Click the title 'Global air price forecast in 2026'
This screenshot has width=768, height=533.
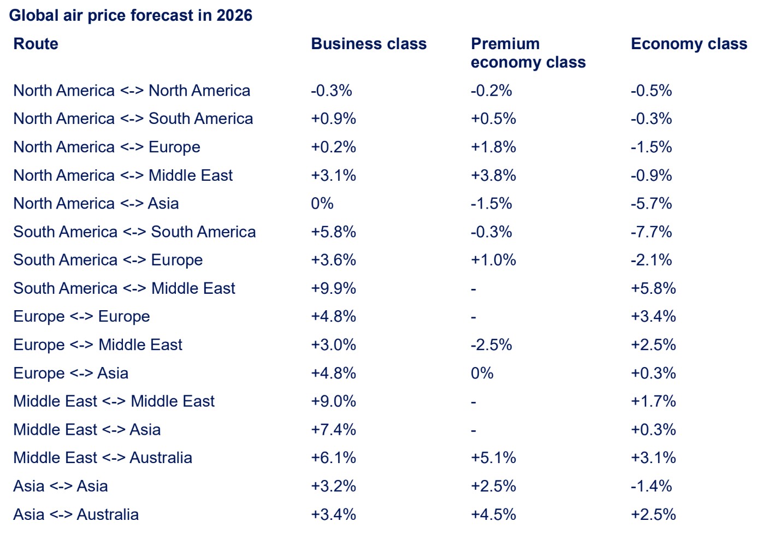(131, 15)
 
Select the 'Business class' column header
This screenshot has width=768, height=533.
(369, 44)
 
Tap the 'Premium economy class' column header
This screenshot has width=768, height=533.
(528, 53)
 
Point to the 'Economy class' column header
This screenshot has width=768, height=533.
(689, 44)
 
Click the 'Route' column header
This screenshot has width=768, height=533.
(36, 44)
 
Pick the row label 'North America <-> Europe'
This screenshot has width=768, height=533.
(107, 147)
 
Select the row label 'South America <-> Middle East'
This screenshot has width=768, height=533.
(124, 288)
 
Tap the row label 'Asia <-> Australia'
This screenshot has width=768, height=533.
(76, 514)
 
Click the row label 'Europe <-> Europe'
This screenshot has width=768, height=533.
(81, 317)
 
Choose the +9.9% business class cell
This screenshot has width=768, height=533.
(333, 288)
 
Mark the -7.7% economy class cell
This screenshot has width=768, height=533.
(651, 232)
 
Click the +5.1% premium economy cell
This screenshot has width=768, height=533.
(493, 458)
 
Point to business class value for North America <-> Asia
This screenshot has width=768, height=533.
(322, 204)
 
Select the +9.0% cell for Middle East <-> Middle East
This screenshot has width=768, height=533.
(333, 401)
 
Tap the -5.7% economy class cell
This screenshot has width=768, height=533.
(651, 204)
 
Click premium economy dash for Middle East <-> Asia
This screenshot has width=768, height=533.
(474, 430)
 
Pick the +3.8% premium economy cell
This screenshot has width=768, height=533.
(493, 175)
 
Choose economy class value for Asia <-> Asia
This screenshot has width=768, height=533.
(651, 486)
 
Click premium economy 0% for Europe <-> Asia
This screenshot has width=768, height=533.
(482, 373)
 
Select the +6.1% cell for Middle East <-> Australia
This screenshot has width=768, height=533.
(333, 458)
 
